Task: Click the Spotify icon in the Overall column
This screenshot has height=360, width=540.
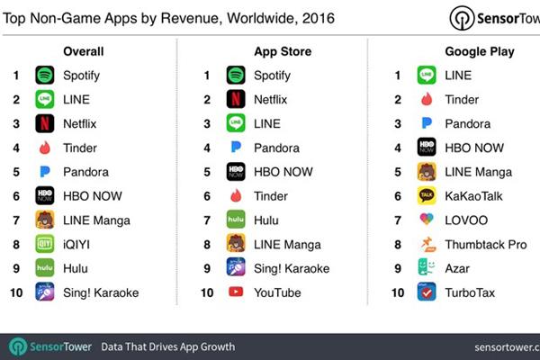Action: point(45,76)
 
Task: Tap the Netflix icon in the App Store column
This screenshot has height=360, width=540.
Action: point(236,100)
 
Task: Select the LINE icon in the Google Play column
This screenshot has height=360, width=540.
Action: point(427,76)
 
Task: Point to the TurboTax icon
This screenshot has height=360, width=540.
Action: point(427,292)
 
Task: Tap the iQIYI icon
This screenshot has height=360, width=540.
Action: point(45,244)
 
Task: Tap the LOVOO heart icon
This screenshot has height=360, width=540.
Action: point(427,220)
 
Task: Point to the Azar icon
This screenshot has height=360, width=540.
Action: point(427,267)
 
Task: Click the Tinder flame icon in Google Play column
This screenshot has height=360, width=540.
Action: point(427,100)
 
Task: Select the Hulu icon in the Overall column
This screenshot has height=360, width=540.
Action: point(45,267)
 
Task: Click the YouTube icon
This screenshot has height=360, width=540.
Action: point(236,292)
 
